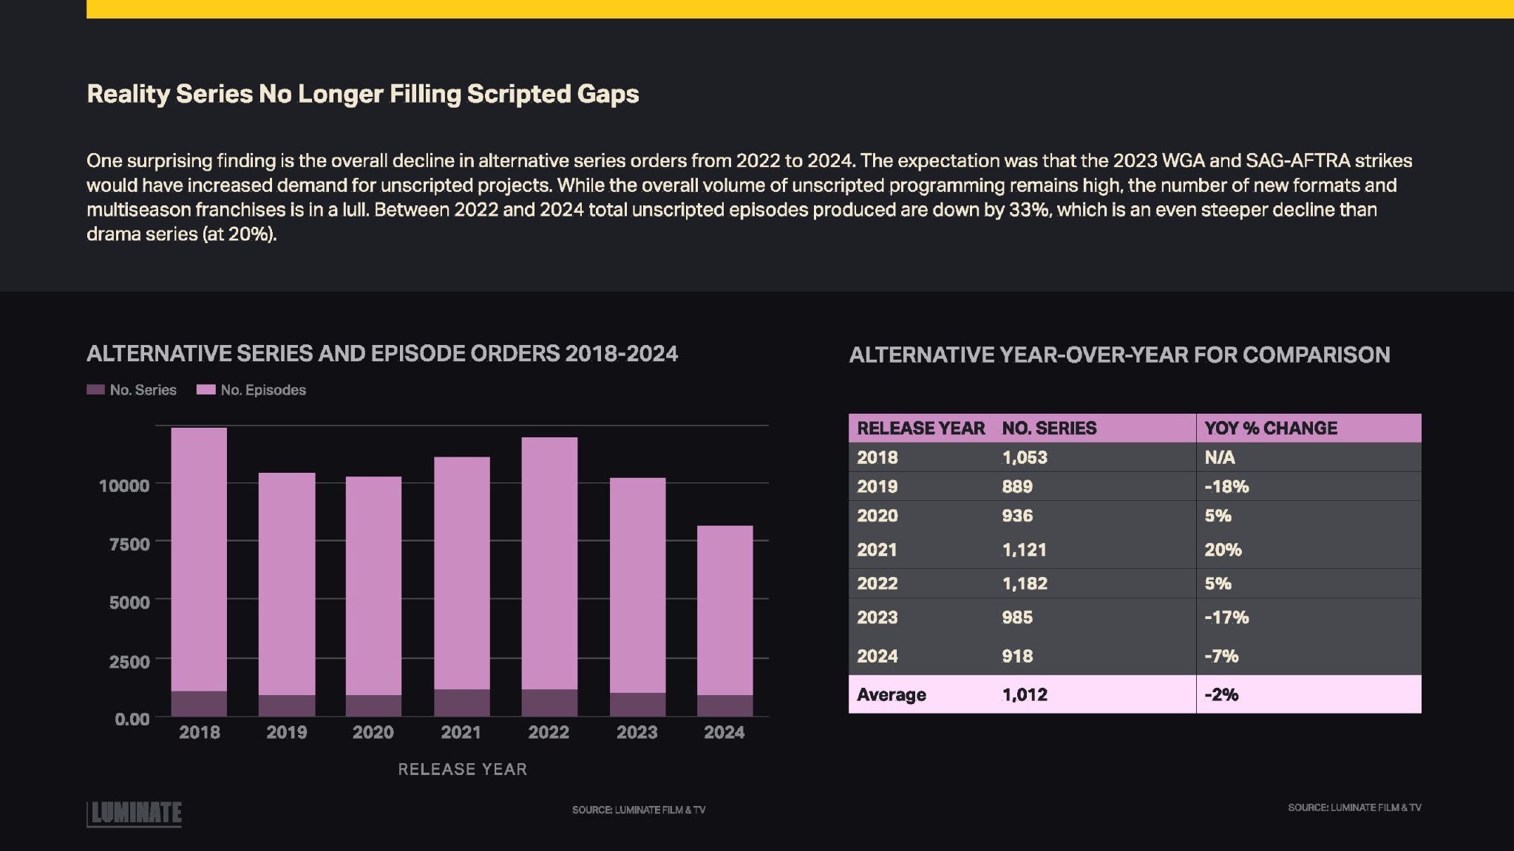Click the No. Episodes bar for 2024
724,609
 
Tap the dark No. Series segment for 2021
461,703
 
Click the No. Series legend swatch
95,389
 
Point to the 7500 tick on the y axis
129,544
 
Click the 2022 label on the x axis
549,732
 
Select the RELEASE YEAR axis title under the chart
462,769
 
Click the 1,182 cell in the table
1025,583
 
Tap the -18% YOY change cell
1226,486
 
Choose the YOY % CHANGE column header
1271,428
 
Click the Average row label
891,694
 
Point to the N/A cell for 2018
1220,457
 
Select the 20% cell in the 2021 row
1223,550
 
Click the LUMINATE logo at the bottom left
135,813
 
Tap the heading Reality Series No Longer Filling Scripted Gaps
362,94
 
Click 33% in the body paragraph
1029,210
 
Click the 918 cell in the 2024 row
1017,656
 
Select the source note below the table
1354,807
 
